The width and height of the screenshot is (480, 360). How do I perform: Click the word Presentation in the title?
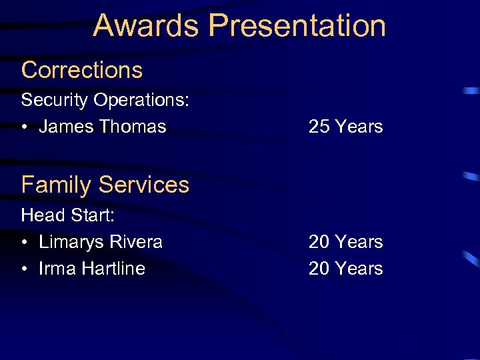click(x=297, y=25)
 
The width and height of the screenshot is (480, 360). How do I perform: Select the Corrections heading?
click(x=82, y=69)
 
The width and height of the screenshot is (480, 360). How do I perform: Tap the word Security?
click(x=55, y=100)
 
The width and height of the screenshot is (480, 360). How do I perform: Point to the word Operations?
click(x=141, y=100)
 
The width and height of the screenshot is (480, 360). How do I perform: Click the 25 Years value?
click(x=345, y=126)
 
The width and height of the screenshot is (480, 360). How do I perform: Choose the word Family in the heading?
click(x=57, y=185)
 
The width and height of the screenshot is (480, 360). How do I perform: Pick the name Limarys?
click(x=73, y=241)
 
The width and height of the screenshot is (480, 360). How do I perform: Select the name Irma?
click(x=57, y=268)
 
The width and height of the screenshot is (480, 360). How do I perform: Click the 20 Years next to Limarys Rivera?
click(x=345, y=241)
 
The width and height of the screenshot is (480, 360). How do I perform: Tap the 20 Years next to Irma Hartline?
click(x=345, y=268)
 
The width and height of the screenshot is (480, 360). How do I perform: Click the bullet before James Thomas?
click(x=25, y=127)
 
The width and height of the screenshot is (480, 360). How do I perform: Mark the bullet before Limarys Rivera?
click(x=25, y=242)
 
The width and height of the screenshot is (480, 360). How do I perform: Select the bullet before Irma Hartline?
click(x=25, y=269)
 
